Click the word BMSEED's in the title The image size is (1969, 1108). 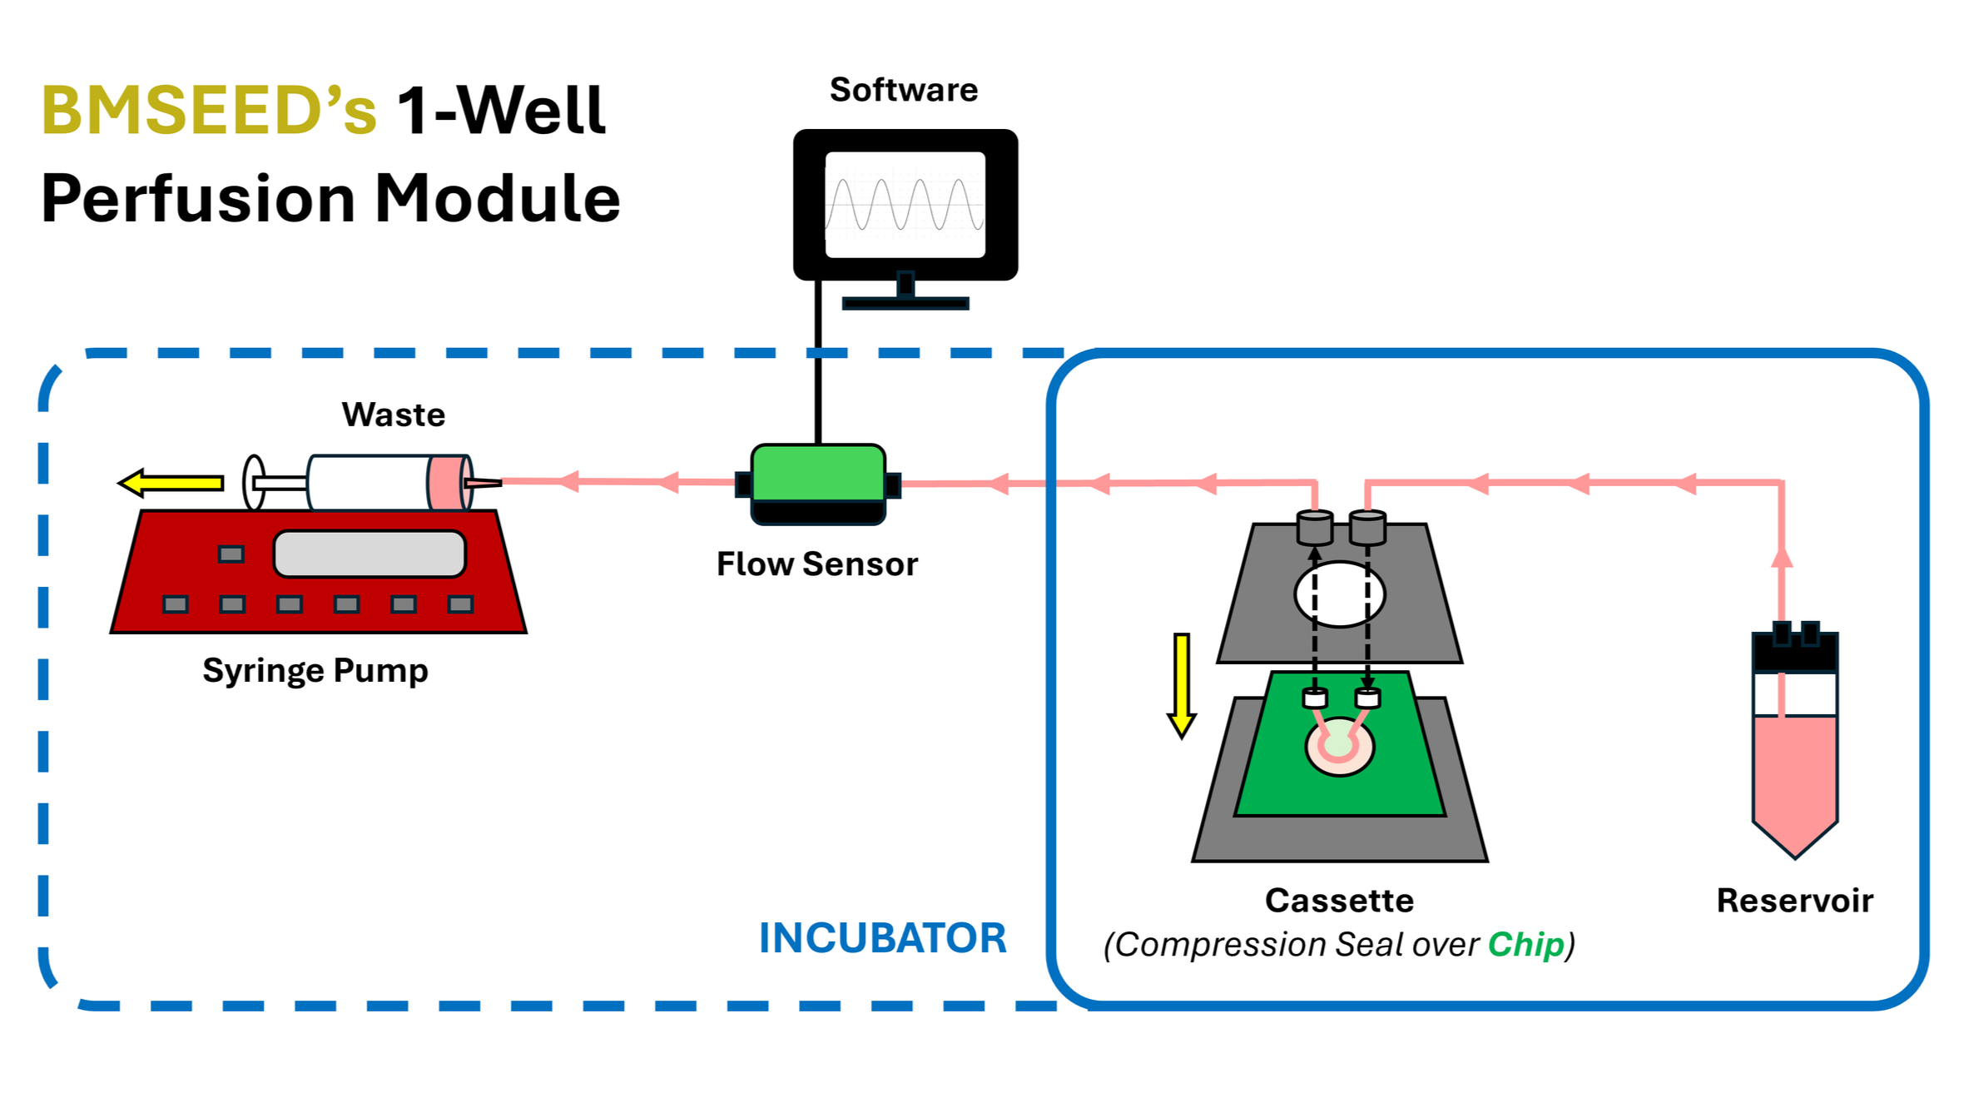pyautogui.click(x=208, y=111)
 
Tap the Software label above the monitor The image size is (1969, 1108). pyautogui.click(x=904, y=90)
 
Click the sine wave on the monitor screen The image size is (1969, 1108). pyautogui.click(x=905, y=204)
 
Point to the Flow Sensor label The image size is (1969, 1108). pyautogui.click(x=816, y=564)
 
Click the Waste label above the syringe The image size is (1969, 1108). pyautogui.click(x=393, y=415)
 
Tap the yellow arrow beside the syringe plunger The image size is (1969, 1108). pyautogui.click(x=171, y=483)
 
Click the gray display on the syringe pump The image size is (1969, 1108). pyautogui.click(x=369, y=554)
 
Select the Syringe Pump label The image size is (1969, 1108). pyautogui.click(x=315, y=670)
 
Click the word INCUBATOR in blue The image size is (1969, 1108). pyautogui.click(x=882, y=938)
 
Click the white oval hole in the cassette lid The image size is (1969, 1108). pyautogui.click(x=1339, y=594)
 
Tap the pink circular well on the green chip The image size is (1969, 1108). pyautogui.click(x=1339, y=747)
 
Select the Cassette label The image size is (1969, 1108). pyautogui.click(x=1339, y=901)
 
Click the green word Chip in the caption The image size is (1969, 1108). pyautogui.click(x=1525, y=945)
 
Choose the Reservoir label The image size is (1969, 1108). pyautogui.click(x=1794, y=901)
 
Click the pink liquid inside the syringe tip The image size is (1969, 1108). pyautogui.click(x=447, y=482)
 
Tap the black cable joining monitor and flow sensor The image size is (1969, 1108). pyautogui.click(x=818, y=366)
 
